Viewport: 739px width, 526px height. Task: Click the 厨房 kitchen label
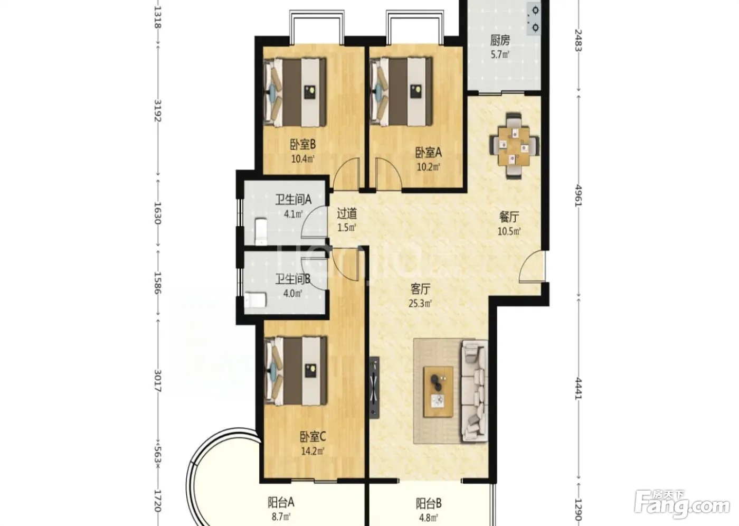pyautogui.click(x=500, y=41)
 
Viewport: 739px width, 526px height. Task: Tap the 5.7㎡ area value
pyautogui.click(x=500, y=54)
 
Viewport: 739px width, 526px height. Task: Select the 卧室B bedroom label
pyautogui.click(x=303, y=145)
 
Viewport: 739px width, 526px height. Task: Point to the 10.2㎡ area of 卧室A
pyautogui.click(x=428, y=167)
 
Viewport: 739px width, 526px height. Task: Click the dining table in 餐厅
pyautogui.click(x=514, y=146)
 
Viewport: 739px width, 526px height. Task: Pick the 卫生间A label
pyautogui.click(x=293, y=200)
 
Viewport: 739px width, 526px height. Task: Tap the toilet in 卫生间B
pyautogui.click(x=255, y=300)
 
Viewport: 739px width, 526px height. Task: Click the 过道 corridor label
pyautogui.click(x=347, y=214)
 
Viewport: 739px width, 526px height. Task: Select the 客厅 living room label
pyautogui.click(x=420, y=289)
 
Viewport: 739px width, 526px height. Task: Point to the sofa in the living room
pyautogui.click(x=475, y=391)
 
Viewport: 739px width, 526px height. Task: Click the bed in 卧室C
pyautogui.click(x=296, y=371)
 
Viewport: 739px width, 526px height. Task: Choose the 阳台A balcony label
pyautogui.click(x=281, y=503)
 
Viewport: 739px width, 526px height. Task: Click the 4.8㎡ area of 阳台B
pyautogui.click(x=429, y=518)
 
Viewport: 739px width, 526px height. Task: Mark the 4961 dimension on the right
pyautogui.click(x=579, y=196)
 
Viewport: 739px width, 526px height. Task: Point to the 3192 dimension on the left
pyautogui.click(x=158, y=110)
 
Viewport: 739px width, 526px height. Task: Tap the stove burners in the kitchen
pyautogui.click(x=535, y=19)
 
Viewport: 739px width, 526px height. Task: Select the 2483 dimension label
pyautogui.click(x=579, y=40)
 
